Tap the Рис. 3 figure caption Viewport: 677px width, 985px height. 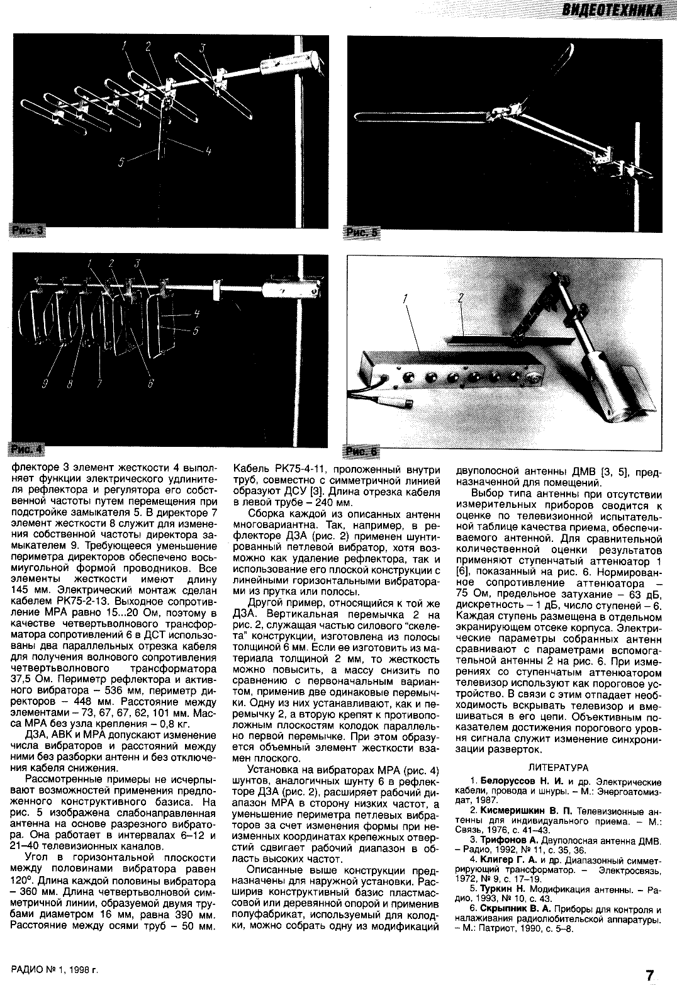28,231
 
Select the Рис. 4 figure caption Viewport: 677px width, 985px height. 27,449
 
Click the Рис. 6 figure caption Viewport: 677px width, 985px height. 362,452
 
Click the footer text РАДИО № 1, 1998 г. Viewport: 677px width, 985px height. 55,971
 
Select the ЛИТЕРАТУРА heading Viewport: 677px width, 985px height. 558,767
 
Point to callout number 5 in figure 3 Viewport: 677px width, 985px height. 121,162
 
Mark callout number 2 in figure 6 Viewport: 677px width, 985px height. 461,301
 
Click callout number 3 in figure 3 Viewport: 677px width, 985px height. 203,47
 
